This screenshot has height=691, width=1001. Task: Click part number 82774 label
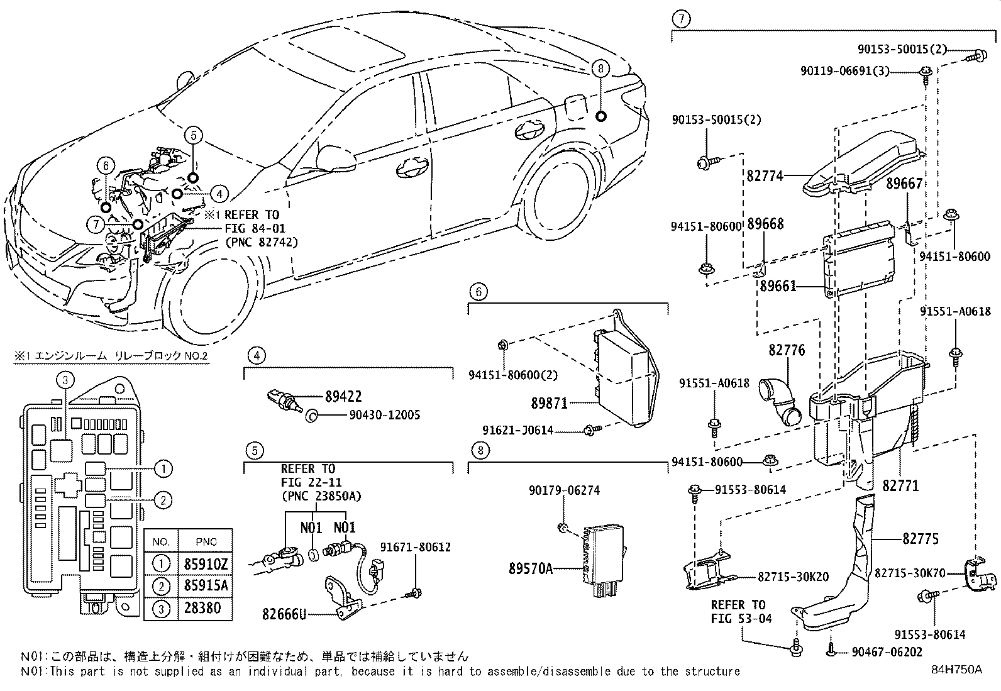pos(765,176)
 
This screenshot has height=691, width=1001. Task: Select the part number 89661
pos(778,286)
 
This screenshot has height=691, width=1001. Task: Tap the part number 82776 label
pos(786,350)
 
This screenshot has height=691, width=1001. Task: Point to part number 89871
pos(549,404)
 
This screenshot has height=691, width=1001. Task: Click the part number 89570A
pos(531,569)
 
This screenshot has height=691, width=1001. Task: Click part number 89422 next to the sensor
pos(343,397)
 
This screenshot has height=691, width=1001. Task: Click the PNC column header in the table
pos(206,542)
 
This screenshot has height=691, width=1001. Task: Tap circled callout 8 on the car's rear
pos(600,69)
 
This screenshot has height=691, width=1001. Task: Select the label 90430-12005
pos(376,415)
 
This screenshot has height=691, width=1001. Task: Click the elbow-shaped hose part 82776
pos(783,401)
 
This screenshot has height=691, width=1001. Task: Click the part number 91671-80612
pos(415,548)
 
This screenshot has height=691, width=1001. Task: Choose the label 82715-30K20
pos(793,576)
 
